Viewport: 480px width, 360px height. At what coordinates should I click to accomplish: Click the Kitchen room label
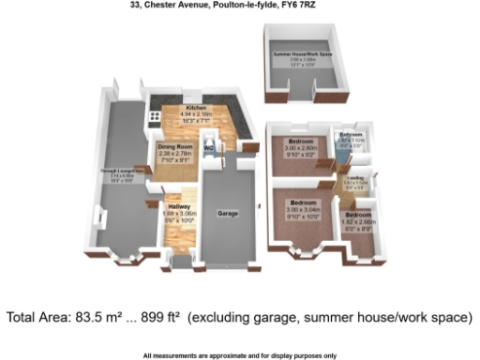point(195,108)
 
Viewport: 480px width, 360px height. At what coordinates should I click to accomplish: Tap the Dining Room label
point(175,146)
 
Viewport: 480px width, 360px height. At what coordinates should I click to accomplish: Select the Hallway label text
point(177,205)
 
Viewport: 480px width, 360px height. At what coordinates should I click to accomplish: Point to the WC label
point(210,148)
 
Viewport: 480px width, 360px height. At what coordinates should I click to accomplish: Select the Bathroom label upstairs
point(351,135)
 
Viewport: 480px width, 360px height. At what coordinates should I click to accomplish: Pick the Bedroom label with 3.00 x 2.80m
point(300,141)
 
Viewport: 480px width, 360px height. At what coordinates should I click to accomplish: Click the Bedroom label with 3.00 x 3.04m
point(302,202)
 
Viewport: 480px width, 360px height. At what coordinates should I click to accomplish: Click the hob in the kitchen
point(154,119)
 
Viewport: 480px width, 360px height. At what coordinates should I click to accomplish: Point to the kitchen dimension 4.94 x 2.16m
point(195,114)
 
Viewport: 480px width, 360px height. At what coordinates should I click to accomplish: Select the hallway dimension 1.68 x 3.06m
point(177,213)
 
